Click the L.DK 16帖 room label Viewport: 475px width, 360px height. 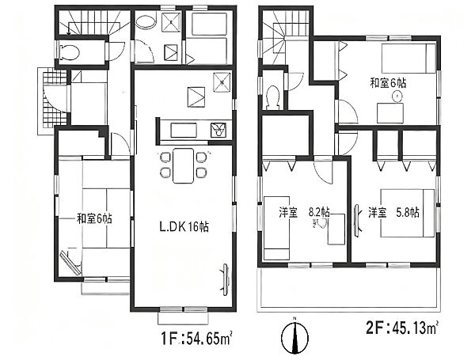click(x=184, y=226)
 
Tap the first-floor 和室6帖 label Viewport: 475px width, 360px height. click(x=94, y=218)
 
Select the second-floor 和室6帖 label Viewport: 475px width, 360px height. click(x=388, y=82)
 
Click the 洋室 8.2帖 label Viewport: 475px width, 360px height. click(x=304, y=212)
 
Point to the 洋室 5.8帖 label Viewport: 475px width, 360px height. click(x=393, y=213)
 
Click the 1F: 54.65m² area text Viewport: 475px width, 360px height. click(x=197, y=339)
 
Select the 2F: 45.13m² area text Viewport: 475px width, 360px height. click(x=403, y=328)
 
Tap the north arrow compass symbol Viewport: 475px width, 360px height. click(x=294, y=336)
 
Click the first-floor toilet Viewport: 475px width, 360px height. click(x=70, y=51)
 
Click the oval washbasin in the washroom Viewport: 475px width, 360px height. click(x=146, y=22)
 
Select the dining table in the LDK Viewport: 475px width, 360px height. click(x=183, y=165)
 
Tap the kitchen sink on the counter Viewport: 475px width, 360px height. click(x=217, y=130)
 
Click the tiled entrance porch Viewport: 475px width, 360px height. click(x=52, y=100)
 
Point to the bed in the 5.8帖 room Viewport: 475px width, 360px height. click(x=407, y=213)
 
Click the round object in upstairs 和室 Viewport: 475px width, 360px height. click(x=397, y=97)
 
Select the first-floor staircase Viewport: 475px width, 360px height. click(x=93, y=22)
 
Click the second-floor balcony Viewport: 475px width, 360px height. click(x=348, y=290)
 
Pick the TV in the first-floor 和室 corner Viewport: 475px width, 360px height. click(x=71, y=263)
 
